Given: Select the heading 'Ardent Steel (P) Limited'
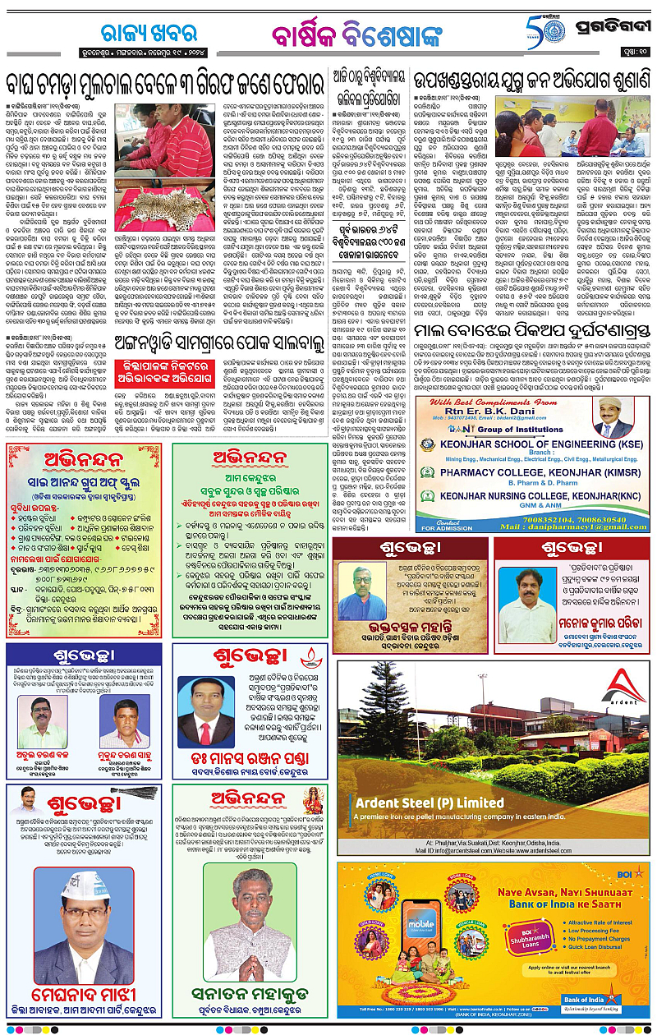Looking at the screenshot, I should pyautogui.click(x=430, y=803).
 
